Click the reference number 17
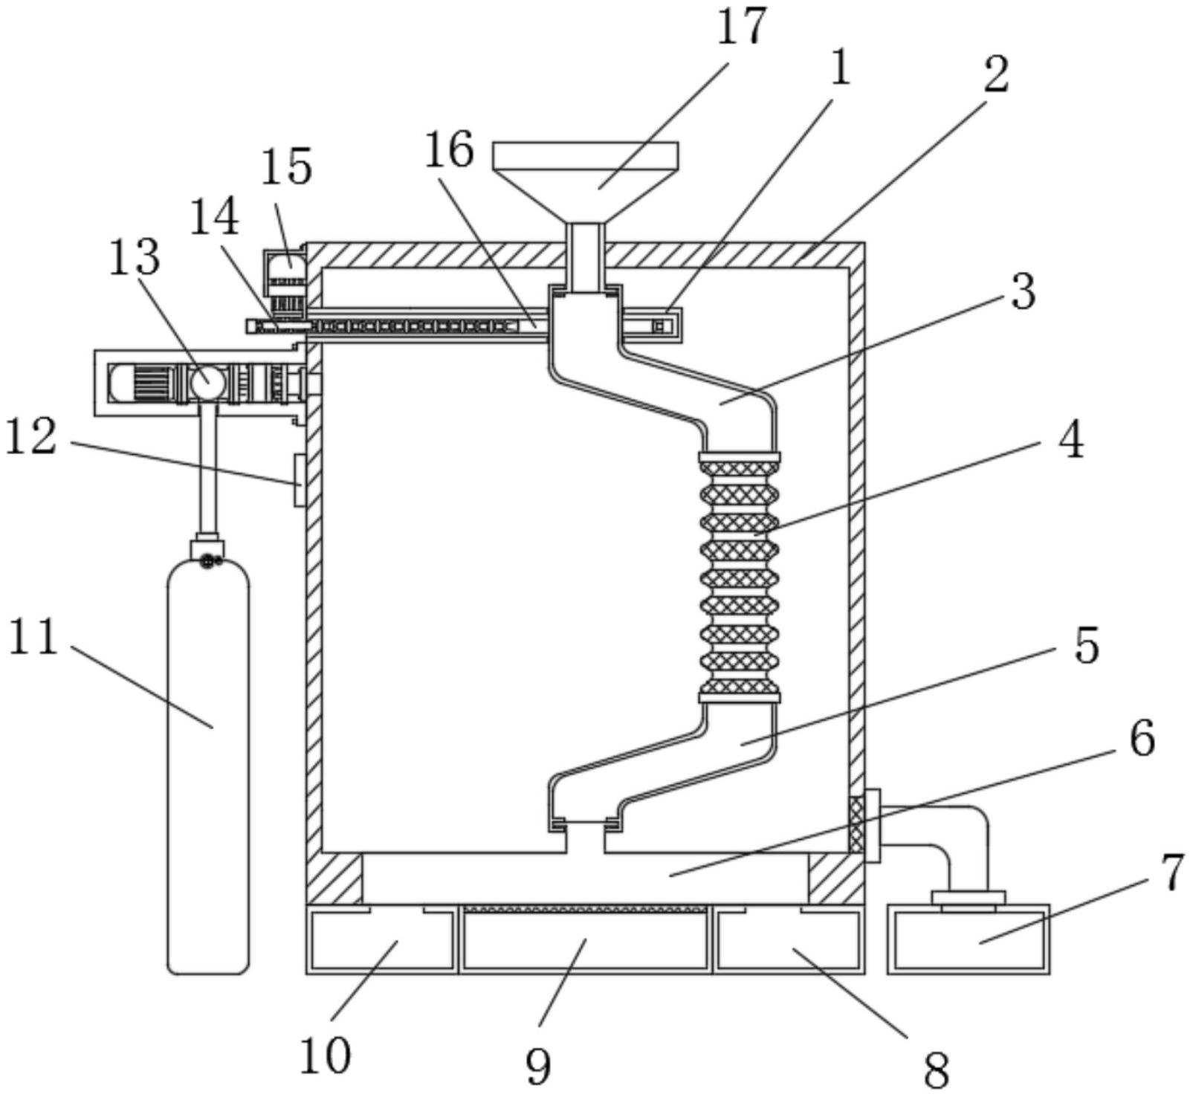click(740, 27)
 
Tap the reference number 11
click(33, 638)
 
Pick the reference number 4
click(1071, 441)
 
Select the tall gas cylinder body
click(209, 766)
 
